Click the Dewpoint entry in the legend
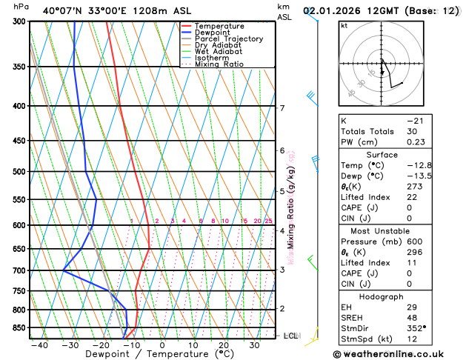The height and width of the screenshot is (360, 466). coord(216,33)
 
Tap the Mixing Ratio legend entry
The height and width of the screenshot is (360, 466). coord(219,64)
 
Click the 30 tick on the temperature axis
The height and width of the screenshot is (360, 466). coord(254,345)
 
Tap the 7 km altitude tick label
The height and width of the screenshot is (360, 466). coord(282,109)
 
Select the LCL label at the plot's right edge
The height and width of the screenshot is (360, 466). coord(292,336)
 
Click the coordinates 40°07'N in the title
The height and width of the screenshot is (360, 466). coord(62,10)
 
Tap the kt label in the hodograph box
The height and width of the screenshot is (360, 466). coord(344,26)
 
